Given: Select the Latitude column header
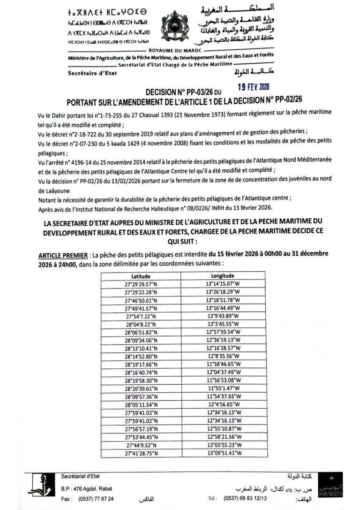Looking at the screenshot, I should coord(141,276).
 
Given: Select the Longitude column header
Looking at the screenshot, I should coord(223,276).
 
